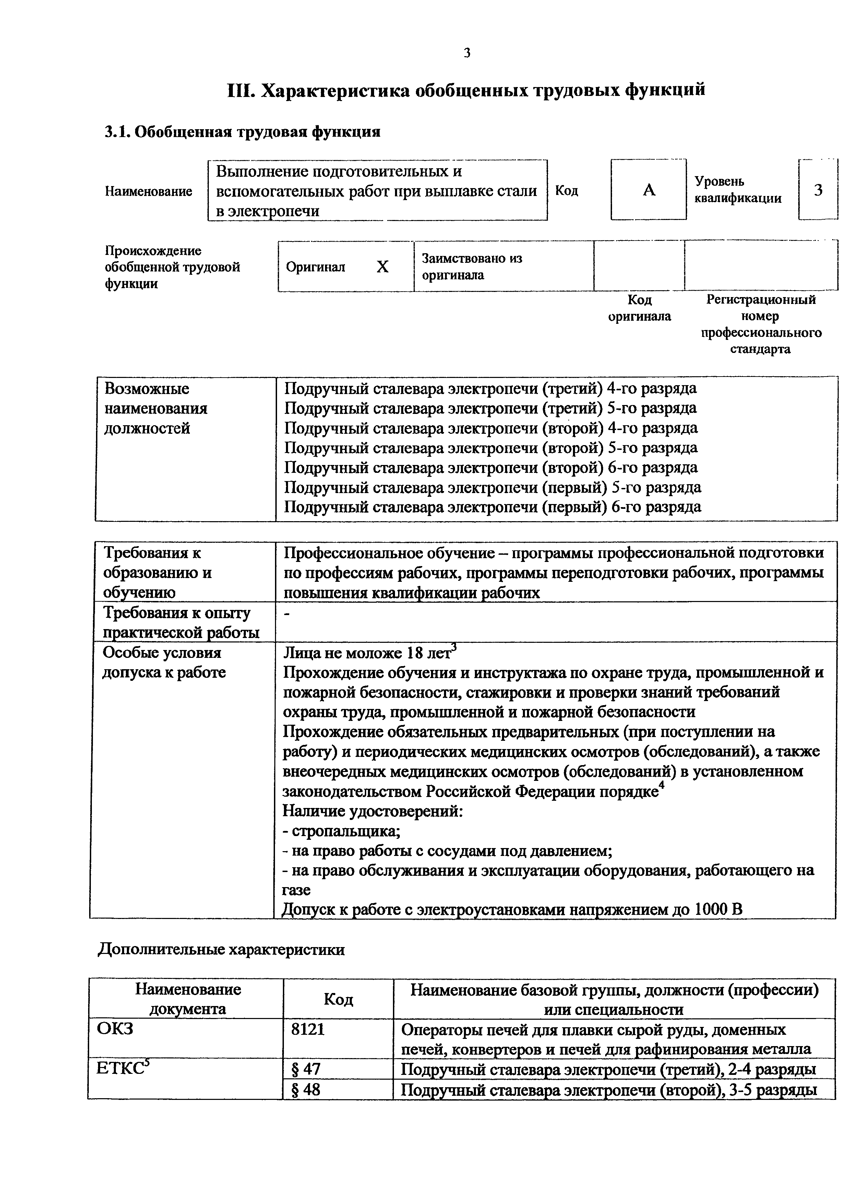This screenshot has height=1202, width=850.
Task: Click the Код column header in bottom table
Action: [338, 999]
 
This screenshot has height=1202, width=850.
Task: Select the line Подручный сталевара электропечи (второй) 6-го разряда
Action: [491, 467]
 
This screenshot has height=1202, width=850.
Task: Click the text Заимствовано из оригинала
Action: [471, 267]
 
